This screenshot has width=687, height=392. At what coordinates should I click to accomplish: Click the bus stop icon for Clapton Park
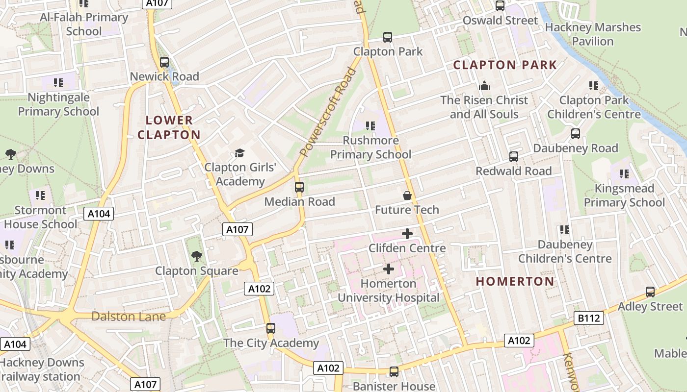[388, 37]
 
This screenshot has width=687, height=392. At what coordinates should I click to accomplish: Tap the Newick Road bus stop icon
[164, 62]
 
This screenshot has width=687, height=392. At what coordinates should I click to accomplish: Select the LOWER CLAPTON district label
[169, 127]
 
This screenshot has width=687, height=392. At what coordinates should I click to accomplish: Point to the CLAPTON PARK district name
[505, 65]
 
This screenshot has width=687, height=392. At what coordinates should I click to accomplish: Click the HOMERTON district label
[515, 281]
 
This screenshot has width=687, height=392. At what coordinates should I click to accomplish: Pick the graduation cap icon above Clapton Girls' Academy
[239, 153]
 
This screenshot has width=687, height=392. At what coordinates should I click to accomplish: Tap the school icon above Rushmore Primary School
[370, 126]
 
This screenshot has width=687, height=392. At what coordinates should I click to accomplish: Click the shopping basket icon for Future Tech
[407, 196]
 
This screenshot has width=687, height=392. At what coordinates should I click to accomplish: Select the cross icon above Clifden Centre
[407, 234]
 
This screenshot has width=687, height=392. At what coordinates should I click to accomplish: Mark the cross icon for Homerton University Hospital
[389, 269]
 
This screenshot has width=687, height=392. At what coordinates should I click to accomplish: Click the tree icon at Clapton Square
[197, 256]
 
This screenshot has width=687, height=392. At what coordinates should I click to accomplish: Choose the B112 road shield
[589, 318]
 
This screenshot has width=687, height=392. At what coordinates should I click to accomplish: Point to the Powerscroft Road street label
[327, 112]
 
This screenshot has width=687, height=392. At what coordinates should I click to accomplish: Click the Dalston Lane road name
[129, 316]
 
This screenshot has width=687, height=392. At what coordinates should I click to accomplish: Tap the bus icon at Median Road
[299, 187]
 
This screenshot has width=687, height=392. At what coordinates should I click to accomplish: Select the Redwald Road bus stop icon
[514, 157]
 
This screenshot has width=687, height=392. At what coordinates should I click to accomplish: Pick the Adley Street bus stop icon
[650, 292]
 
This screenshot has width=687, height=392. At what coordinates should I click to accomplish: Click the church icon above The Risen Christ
[484, 86]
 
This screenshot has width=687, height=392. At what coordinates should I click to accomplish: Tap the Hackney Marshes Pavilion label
[593, 34]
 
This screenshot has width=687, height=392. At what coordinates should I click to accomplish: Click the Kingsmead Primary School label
[624, 196]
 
